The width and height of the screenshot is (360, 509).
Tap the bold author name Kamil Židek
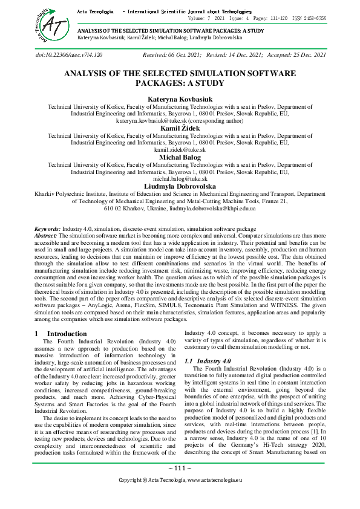click(180, 128)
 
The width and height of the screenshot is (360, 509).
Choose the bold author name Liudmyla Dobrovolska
click(180, 186)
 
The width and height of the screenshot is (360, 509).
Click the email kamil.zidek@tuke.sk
click(180, 149)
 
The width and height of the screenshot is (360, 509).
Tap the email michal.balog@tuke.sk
click(180, 179)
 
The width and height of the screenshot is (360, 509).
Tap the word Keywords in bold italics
click(47, 230)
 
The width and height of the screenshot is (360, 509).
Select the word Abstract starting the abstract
click(47, 236)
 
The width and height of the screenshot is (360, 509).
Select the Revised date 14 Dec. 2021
click(242, 55)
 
